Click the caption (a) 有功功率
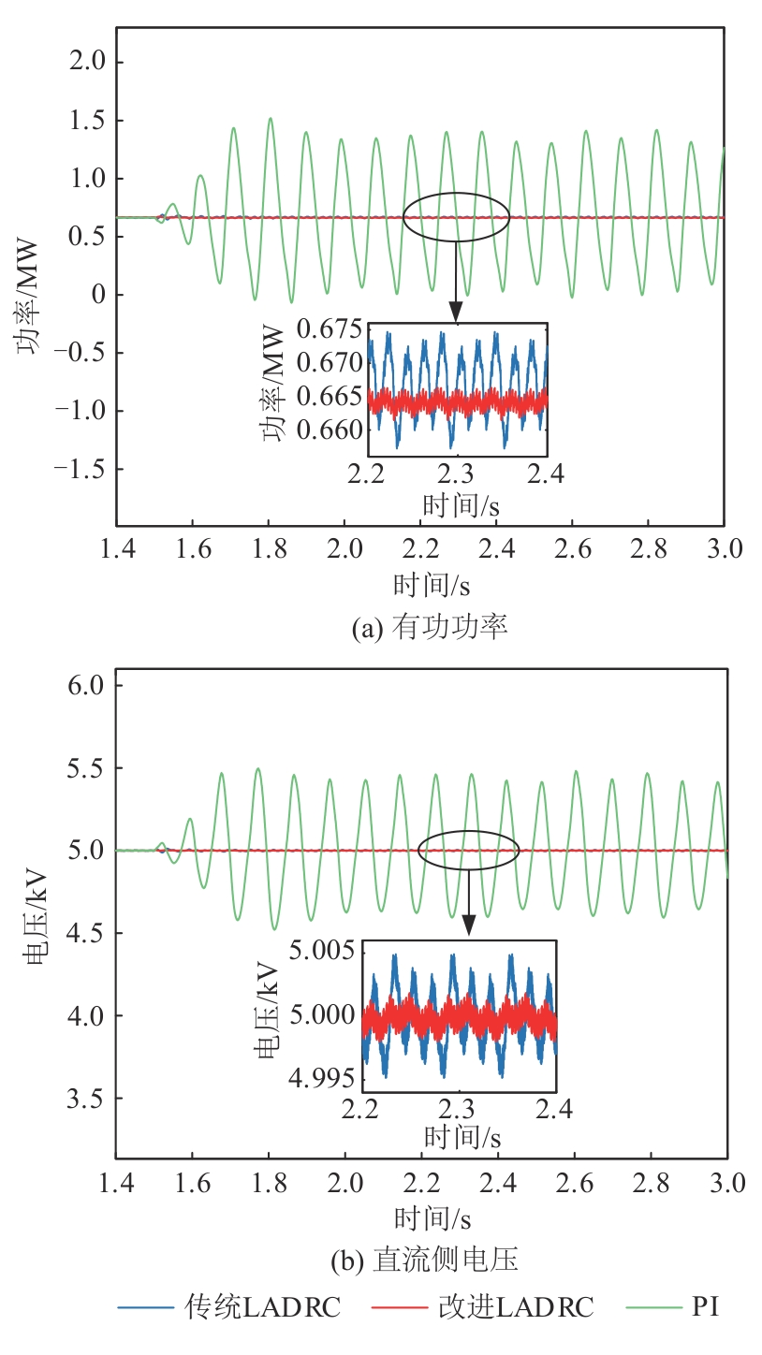coord(430,628)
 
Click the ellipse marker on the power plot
coord(457,217)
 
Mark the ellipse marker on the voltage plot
coord(468,851)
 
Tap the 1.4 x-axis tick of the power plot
coord(116,548)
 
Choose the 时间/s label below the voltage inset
coord(462,1138)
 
